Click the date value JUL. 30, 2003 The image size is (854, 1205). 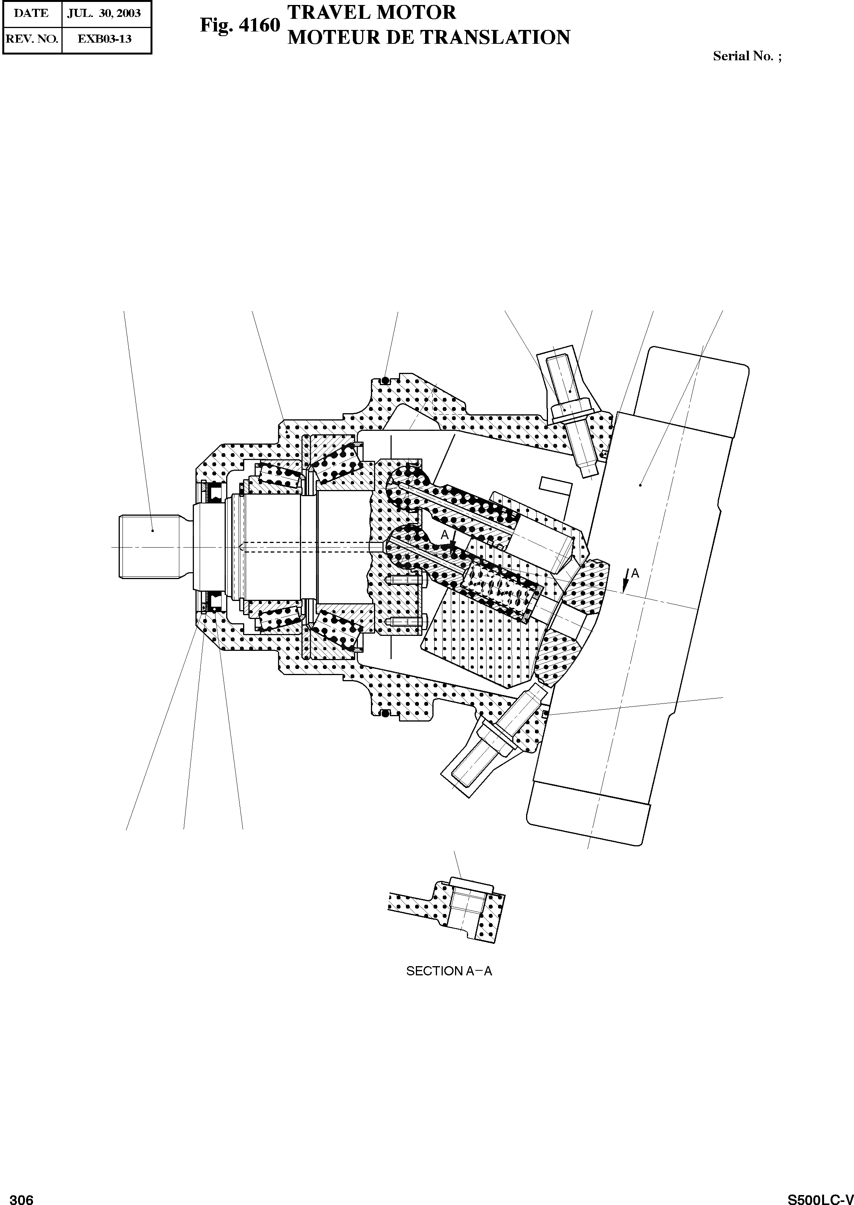pos(104,13)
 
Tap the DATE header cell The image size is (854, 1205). pos(31,13)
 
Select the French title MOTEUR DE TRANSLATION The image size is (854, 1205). pos(429,37)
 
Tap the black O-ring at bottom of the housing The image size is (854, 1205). pos(386,713)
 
